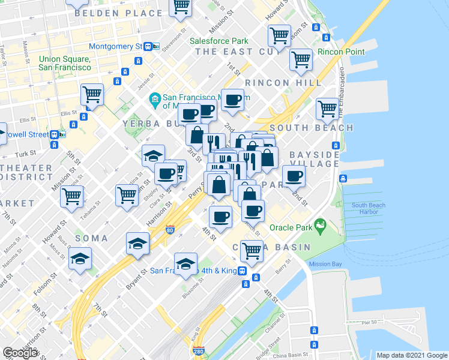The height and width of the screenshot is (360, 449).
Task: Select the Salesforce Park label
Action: coord(218,41)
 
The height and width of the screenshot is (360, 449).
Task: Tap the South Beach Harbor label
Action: coord(368,209)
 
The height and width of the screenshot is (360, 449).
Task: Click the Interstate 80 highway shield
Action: coord(170,229)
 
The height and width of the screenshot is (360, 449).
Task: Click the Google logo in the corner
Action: coord(20,352)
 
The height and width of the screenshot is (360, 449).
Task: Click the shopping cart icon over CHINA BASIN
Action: coord(252,251)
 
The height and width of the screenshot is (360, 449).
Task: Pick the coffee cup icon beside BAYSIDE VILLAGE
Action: coord(294,176)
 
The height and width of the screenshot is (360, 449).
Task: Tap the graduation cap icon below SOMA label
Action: coord(137,244)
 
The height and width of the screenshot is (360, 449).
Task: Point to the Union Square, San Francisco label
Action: coord(65,63)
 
